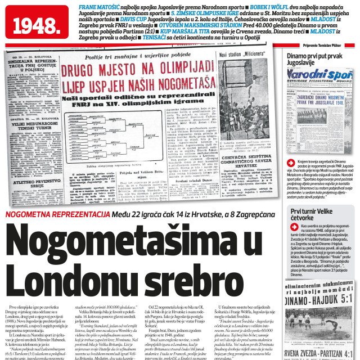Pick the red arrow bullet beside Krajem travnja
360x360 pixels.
(290, 161)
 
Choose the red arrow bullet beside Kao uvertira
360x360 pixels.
(290, 225)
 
